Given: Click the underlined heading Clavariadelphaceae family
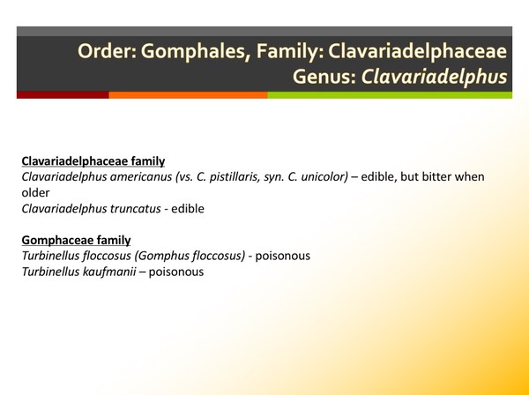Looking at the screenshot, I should [93, 161].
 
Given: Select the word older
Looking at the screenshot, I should [35, 191].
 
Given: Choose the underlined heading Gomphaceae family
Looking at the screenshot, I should [76, 240].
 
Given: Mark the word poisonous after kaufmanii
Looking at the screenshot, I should [176, 272].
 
